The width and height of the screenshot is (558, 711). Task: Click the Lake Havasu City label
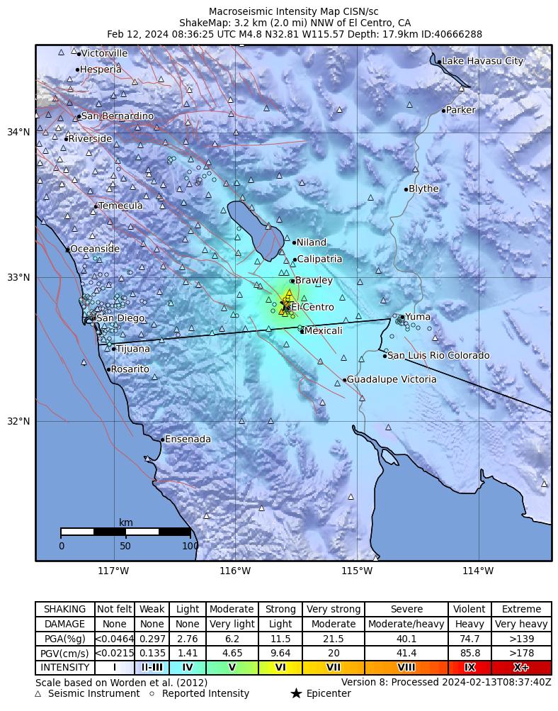[x=482, y=61]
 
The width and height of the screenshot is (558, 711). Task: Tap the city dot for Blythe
[x=406, y=189]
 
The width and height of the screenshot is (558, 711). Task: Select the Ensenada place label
[x=188, y=440]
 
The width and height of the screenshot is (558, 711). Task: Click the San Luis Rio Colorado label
[x=438, y=356]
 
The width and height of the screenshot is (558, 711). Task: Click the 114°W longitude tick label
[x=478, y=571]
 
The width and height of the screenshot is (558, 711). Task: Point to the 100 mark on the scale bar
[x=190, y=546]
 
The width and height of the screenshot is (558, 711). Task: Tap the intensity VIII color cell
[x=406, y=667]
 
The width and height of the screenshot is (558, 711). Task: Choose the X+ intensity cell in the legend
[x=521, y=667]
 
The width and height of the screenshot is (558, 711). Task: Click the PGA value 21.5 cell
[x=333, y=639]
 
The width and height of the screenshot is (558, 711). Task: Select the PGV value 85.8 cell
[x=469, y=653]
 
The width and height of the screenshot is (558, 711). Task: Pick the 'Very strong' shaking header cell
[x=333, y=610]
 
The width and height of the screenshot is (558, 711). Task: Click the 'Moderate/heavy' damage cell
[x=406, y=625]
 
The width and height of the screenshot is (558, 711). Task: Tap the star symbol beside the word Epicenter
[x=296, y=693]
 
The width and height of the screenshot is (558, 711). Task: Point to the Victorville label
[x=104, y=53]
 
